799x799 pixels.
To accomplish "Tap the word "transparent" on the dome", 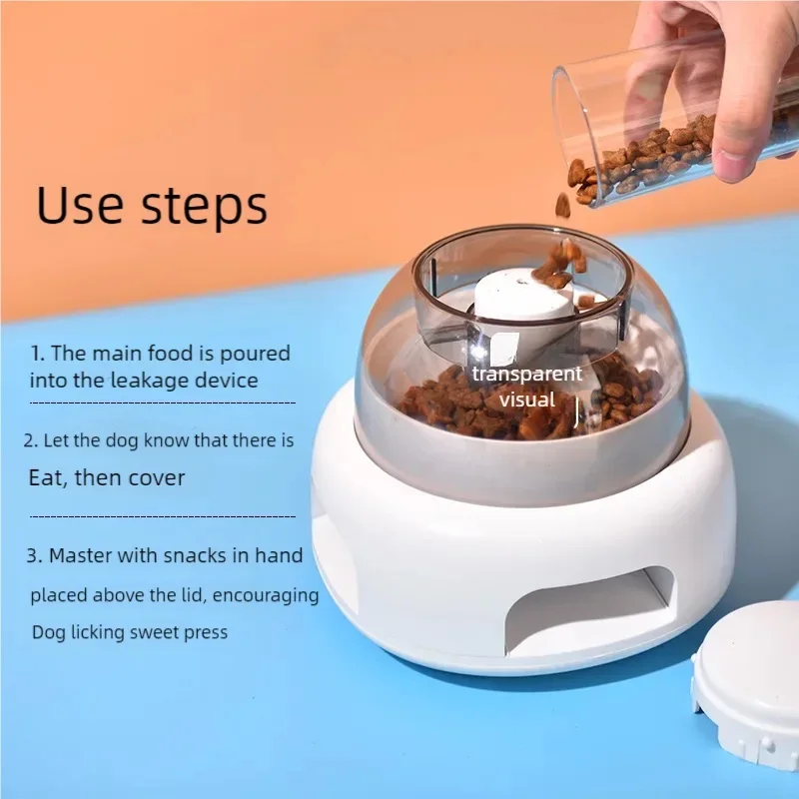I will (x=526, y=375).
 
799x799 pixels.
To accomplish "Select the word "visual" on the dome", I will (x=526, y=399).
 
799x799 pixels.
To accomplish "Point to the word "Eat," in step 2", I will (x=52, y=478).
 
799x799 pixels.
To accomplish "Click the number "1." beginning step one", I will (x=37, y=354).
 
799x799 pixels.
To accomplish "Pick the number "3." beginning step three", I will (x=35, y=556).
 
